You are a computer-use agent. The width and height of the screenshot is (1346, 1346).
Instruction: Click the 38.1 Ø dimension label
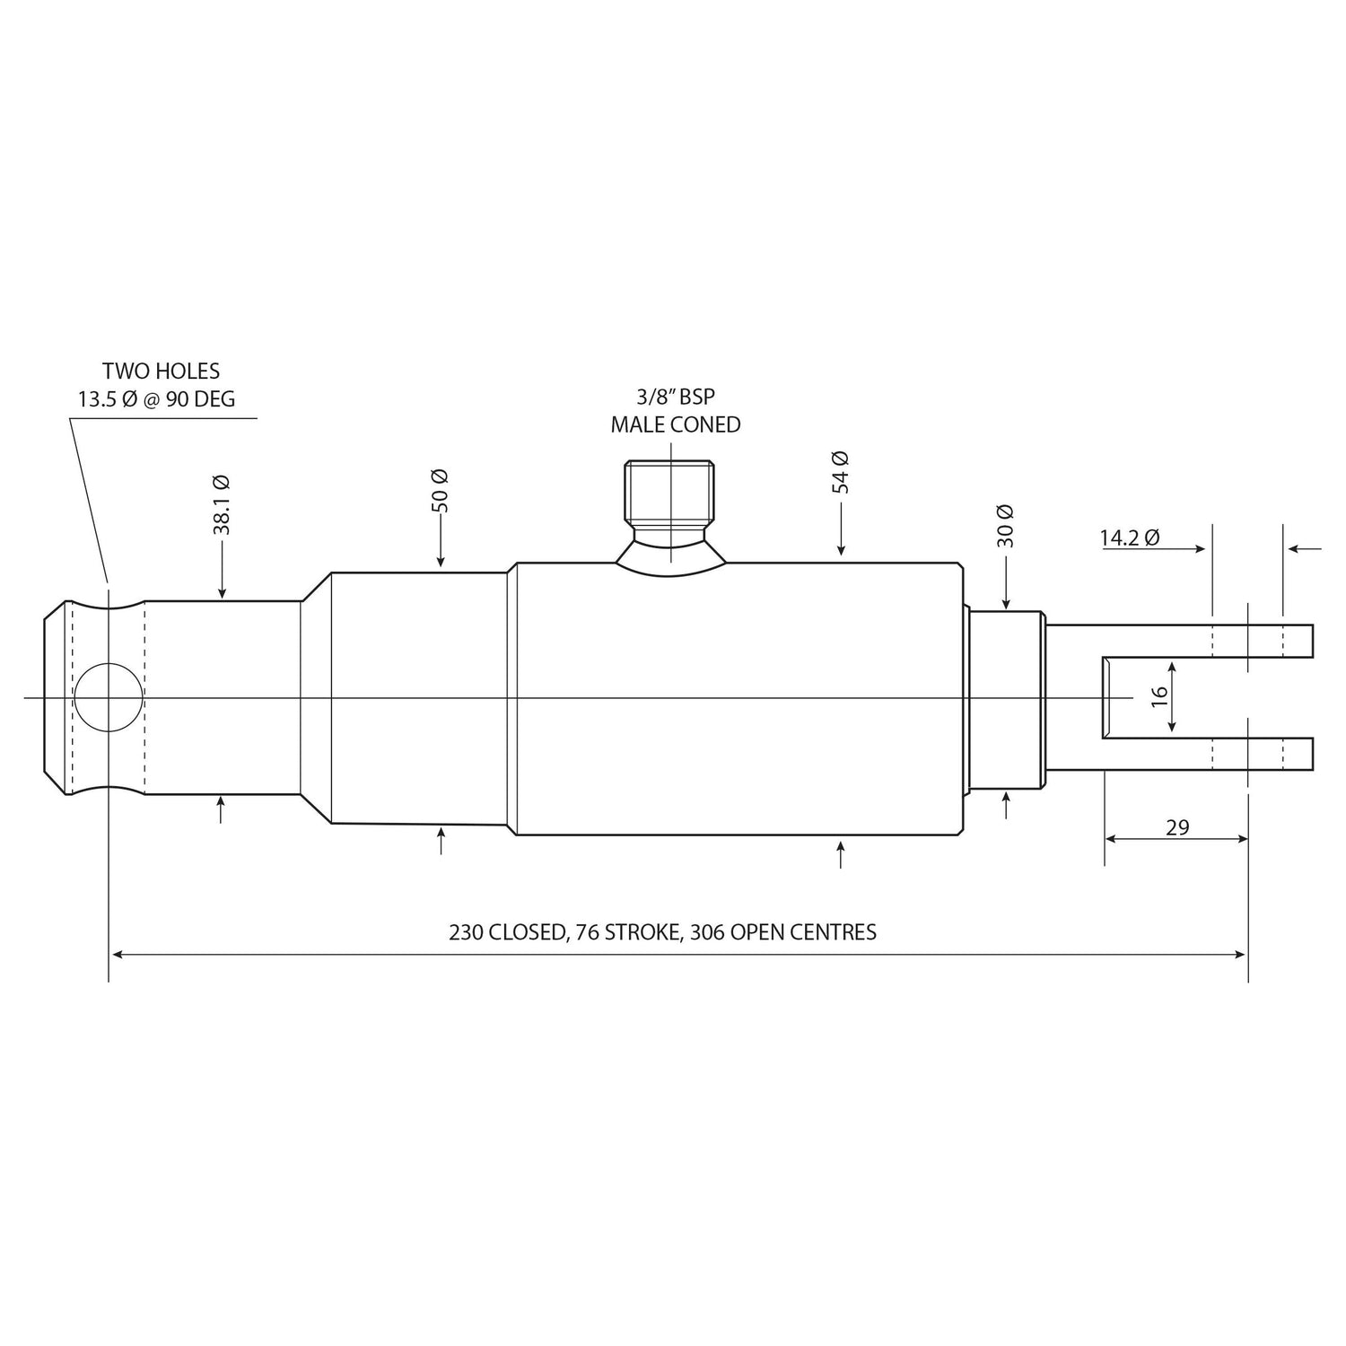pyautogui.click(x=222, y=505)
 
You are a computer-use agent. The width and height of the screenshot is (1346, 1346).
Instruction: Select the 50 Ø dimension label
pyautogui.click(x=441, y=491)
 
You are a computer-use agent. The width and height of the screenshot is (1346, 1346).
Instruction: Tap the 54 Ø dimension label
pyautogui.click(x=840, y=472)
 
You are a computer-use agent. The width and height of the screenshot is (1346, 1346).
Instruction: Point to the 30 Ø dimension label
pyautogui.click(x=1005, y=526)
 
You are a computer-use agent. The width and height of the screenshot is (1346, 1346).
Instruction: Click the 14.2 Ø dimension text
pyautogui.click(x=1130, y=538)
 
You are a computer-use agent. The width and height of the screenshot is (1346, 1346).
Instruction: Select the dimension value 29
pyautogui.click(x=1177, y=827)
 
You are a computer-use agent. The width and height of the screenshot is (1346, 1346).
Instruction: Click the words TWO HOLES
pyautogui.click(x=161, y=371)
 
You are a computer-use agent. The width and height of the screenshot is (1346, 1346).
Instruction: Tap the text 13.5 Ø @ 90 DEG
pyautogui.click(x=156, y=399)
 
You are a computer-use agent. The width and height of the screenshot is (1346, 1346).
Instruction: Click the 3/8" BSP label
pyautogui.click(x=675, y=397)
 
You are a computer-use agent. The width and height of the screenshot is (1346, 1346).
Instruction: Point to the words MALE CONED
pyautogui.click(x=676, y=425)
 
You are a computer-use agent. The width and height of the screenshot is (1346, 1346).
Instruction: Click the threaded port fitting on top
pyautogui.click(x=670, y=495)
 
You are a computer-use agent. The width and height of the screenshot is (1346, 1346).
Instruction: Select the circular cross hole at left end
pyautogui.click(x=108, y=697)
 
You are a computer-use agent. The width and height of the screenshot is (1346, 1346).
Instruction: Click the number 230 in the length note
pyautogui.click(x=466, y=932)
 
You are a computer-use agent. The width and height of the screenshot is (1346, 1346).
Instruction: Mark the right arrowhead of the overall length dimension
pyautogui.click(x=1240, y=955)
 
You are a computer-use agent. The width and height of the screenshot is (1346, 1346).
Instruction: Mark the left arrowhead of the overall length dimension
pyautogui.click(x=117, y=955)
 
